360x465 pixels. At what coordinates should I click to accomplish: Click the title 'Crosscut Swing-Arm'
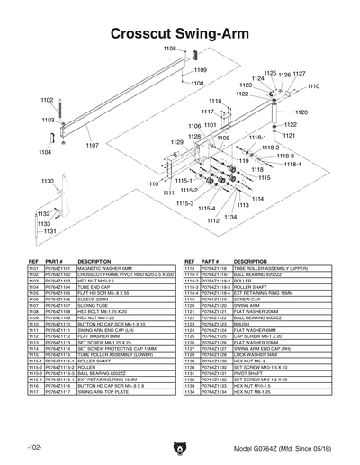180,33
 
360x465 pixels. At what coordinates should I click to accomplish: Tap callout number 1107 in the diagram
93,145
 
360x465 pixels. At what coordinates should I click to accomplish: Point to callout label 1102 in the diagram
47,100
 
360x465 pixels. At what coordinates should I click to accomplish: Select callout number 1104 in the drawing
45,153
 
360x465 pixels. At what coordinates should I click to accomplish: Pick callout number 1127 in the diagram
299,74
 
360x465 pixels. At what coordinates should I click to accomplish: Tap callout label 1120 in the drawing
301,112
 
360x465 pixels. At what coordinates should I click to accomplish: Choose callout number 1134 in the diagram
230,217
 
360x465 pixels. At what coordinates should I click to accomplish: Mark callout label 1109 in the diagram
200,69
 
